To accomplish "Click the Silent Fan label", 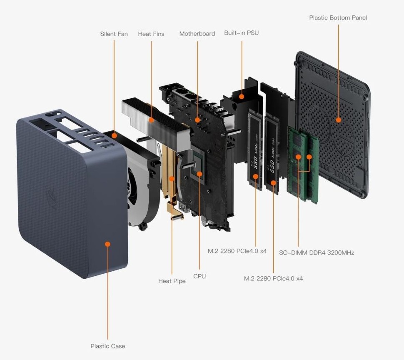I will (x=114, y=34).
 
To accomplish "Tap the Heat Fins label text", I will (x=151, y=34).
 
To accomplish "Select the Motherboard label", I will (x=197, y=34).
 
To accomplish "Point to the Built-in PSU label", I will (x=241, y=32).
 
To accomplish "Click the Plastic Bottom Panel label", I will (x=338, y=18).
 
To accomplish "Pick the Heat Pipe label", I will (x=172, y=281).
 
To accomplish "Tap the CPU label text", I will (x=200, y=276).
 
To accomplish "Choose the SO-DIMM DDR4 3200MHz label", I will (x=316, y=252).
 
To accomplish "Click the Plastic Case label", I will (x=107, y=346).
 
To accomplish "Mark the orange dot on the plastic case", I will (x=107, y=244).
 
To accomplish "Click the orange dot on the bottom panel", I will (x=338, y=120).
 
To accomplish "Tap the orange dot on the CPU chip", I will (x=200, y=174).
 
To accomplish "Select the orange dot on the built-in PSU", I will (x=242, y=96).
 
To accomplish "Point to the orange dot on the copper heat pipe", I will (x=172, y=179).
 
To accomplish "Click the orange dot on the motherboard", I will (x=197, y=120).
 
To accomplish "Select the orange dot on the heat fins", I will (x=152, y=120).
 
